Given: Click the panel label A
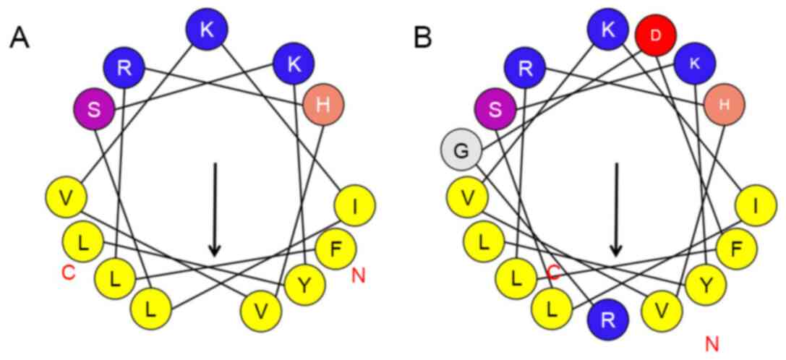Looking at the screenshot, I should tap(20, 38).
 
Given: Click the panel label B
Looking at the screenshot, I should tap(422, 38).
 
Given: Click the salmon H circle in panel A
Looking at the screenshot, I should tap(323, 105).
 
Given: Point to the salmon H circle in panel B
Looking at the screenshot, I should tap(724, 105).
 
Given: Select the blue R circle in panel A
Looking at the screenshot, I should tap(124, 69).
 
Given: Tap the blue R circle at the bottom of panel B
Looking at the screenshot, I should tap(608, 319).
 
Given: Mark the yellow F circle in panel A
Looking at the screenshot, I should tap(336, 249).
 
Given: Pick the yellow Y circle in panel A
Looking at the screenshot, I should tap(305, 286).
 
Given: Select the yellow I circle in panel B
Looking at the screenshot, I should tap(756, 207).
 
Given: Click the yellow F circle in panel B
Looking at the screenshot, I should tap(737, 249).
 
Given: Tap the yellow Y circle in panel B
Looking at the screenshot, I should tap(706, 286).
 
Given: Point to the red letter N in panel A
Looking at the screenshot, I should tap(357, 275).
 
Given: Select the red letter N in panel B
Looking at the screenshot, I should tap(712, 343).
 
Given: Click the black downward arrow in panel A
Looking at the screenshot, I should tap(215, 210).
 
